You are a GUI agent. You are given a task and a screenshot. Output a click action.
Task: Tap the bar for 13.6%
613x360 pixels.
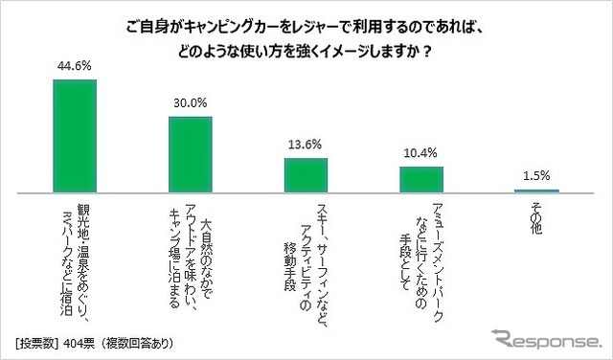(x=306, y=176)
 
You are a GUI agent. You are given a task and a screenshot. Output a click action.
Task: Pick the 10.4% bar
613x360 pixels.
(x=421, y=180)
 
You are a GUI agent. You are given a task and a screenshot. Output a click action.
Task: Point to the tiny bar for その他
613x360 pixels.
(x=536, y=191)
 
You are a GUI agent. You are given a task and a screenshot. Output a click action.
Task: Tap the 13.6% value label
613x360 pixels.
(x=306, y=147)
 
